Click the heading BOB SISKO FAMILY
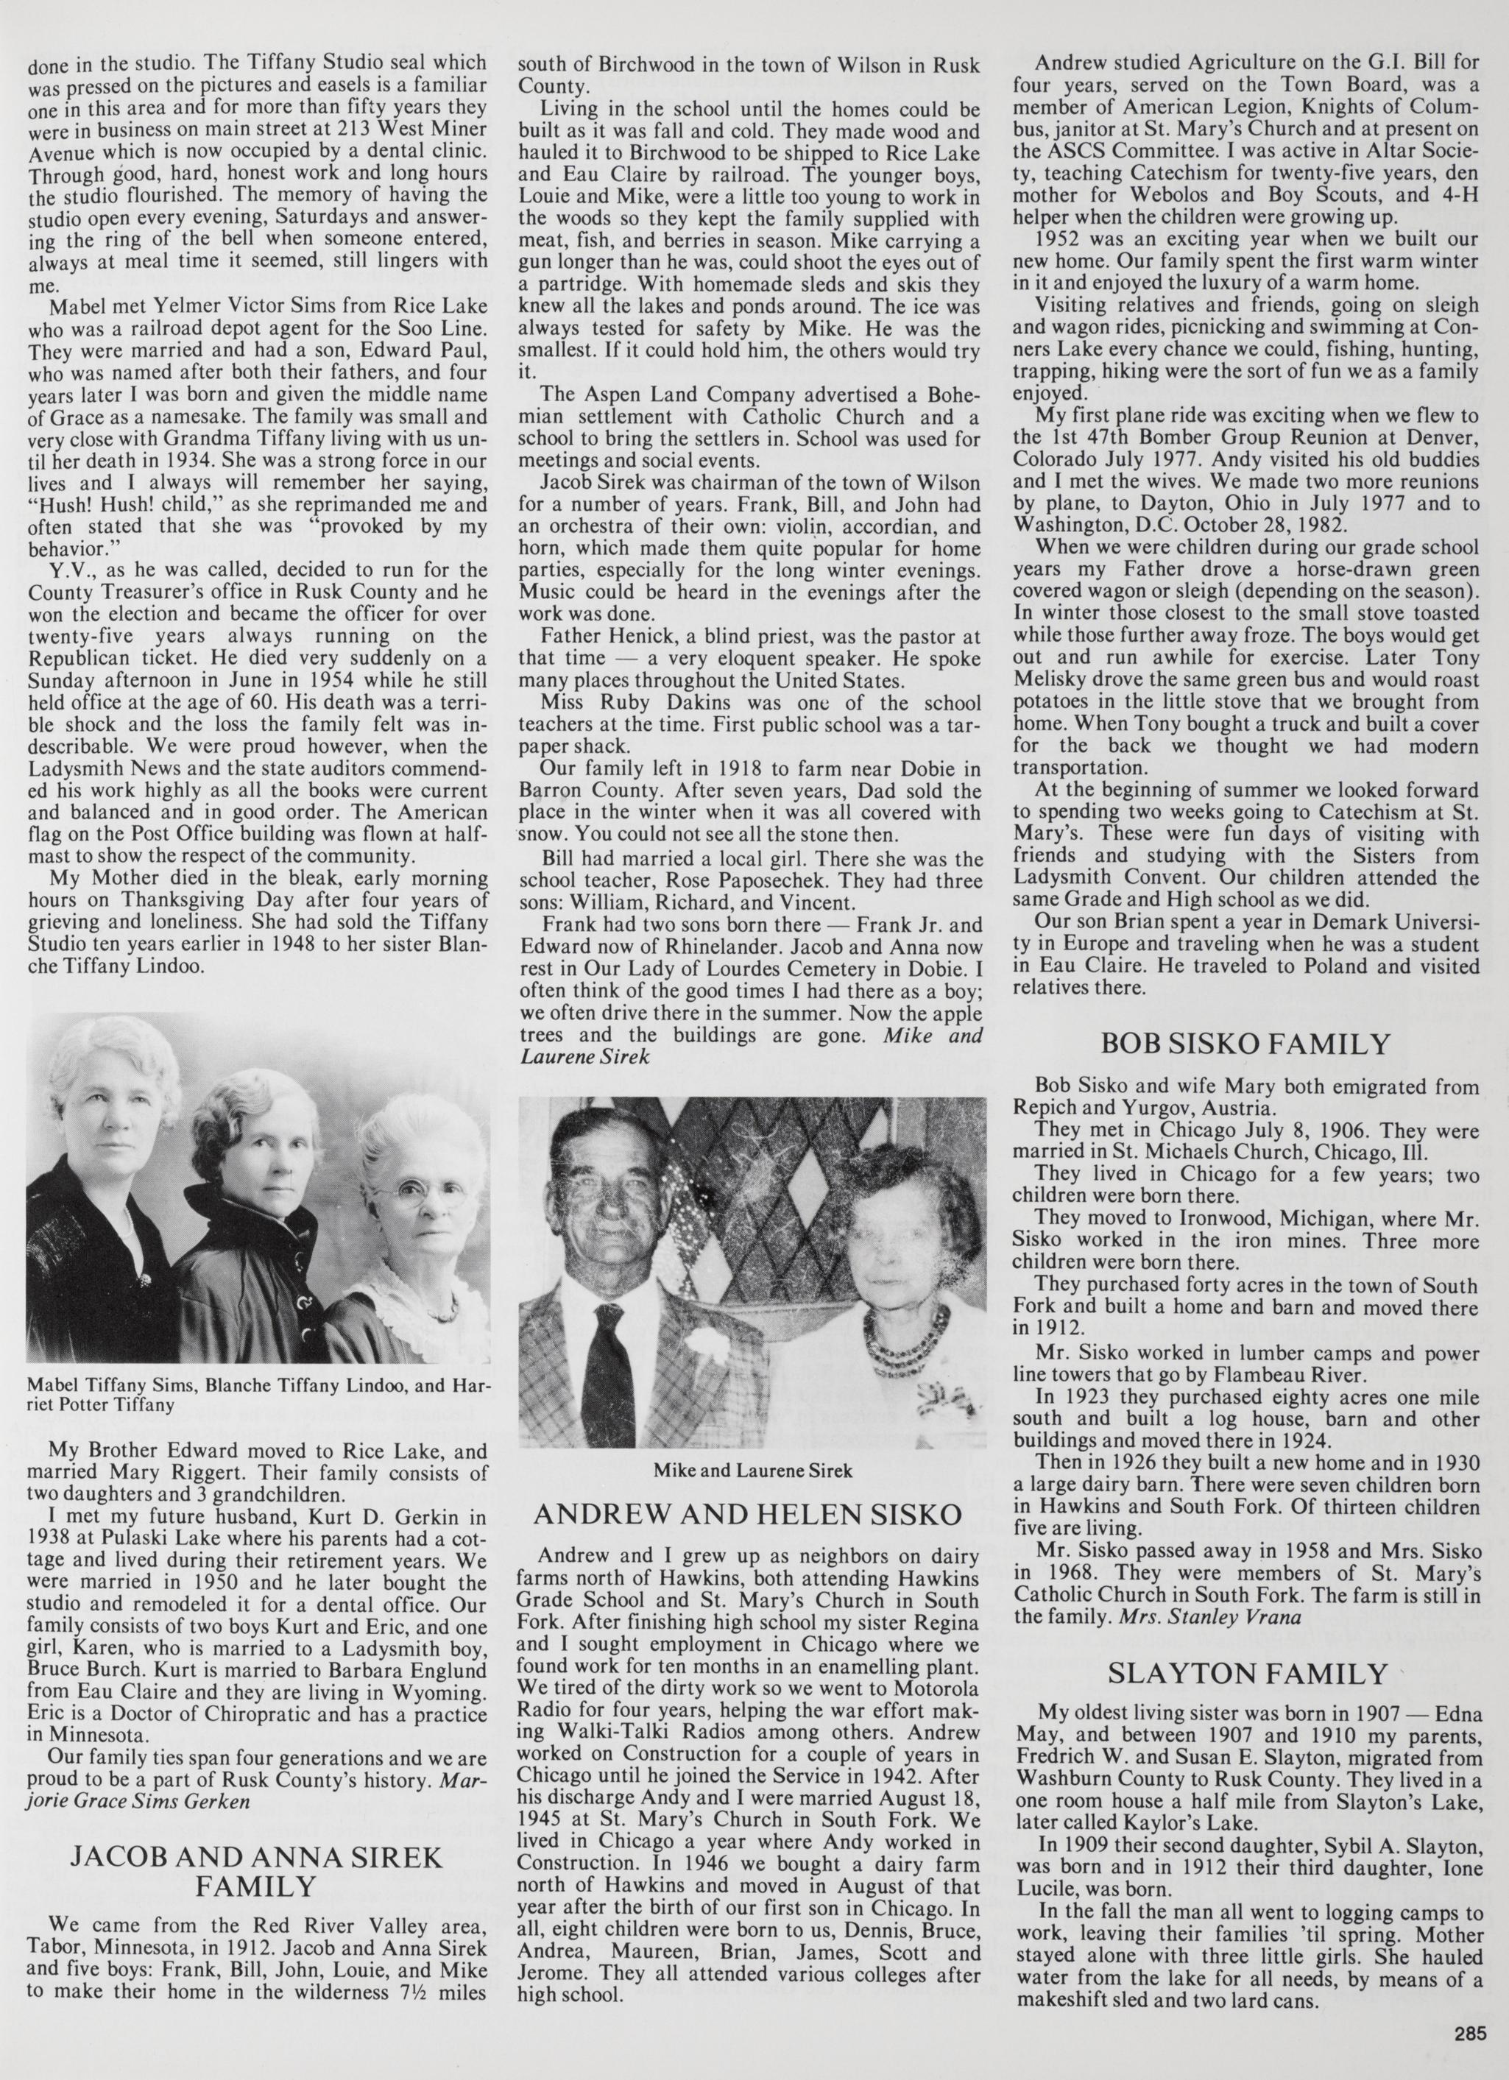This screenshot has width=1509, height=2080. (x=1245, y=1044)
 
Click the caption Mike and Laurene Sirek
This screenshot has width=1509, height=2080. (x=752, y=1471)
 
